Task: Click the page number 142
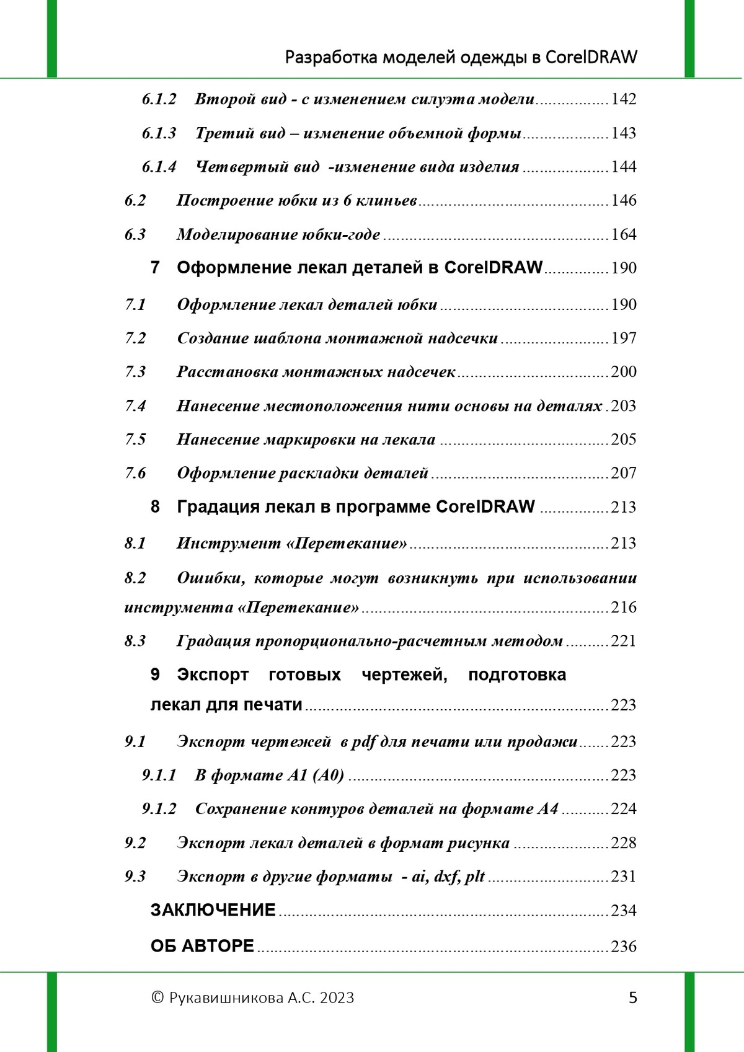tap(623, 99)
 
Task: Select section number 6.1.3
tap(159, 133)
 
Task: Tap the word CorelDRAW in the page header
tap(591, 57)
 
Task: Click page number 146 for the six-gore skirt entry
tap(623, 200)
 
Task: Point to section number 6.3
tap(135, 234)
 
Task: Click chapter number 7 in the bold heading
tap(155, 268)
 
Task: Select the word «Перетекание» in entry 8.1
tap(347, 544)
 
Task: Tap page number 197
tap(623, 338)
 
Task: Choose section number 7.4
tap(135, 406)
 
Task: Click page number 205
tap(623, 440)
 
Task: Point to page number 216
tap(623, 607)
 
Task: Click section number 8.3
tap(135, 641)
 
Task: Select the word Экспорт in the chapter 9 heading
tap(213, 674)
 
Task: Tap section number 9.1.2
tap(159, 809)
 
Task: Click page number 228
tap(623, 842)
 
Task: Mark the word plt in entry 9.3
tap(475, 877)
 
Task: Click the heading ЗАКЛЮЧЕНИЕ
tap(213, 910)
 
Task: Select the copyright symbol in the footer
tap(157, 997)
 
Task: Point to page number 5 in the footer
tap(633, 997)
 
